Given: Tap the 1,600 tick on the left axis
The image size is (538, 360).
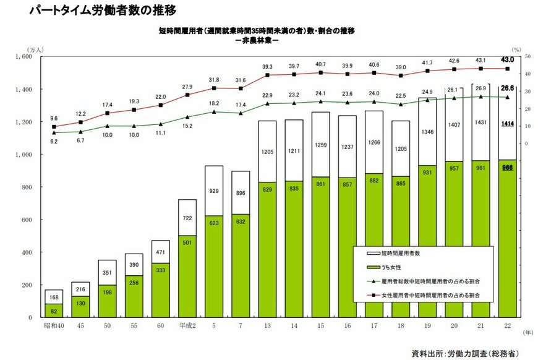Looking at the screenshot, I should [x=23, y=56].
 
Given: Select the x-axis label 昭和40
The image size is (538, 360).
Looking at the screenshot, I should [x=54, y=326].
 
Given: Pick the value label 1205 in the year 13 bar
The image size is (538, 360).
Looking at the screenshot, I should [x=267, y=151].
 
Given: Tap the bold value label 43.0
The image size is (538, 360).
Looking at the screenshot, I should [x=508, y=59].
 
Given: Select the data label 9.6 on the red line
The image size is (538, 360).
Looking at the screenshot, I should [x=54, y=119].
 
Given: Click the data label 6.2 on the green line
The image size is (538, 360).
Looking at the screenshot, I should [x=54, y=142].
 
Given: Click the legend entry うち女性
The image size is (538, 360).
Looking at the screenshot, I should [x=396, y=267].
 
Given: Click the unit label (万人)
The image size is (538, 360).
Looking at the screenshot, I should [x=33, y=48].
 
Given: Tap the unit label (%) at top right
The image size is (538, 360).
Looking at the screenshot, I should [x=516, y=48].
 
